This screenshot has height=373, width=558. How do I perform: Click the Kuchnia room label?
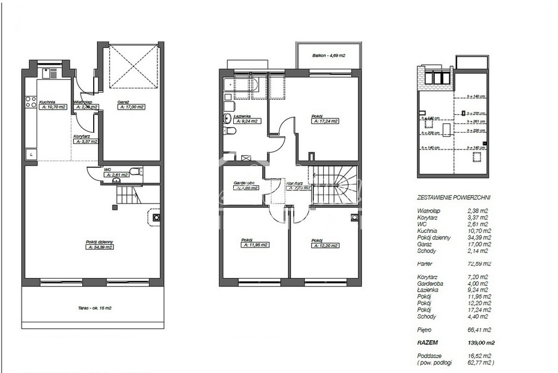click(46, 102)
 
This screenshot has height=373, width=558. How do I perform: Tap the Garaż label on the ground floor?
click(123, 102)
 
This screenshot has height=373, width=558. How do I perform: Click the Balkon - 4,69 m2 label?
click(329, 56)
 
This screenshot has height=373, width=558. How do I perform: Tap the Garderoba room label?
click(245, 183)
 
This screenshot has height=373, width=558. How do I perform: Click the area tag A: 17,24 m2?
click(325, 122)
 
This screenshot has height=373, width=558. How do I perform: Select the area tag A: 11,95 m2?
click(254, 245)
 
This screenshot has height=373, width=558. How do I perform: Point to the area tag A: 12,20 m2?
click(325, 245)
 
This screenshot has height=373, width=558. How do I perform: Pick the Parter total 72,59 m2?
click(480, 263)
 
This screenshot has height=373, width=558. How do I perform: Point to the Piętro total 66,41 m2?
click(480, 330)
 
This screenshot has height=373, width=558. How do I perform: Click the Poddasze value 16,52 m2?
click(480, 356)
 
